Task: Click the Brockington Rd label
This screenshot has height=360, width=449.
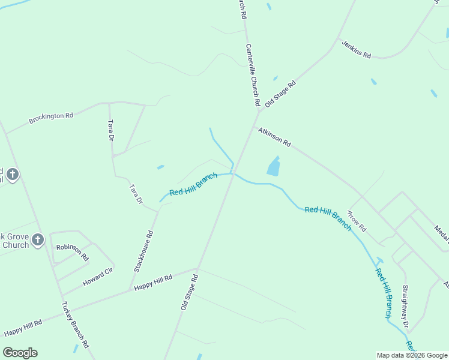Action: coord(51,116)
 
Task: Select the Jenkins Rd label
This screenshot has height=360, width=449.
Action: coord(357,49)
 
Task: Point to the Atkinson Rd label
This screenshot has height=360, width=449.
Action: coord(274,137)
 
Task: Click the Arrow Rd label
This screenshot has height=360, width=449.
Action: coord(357,221)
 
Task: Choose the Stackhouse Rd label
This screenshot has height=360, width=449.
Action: coord(143,250)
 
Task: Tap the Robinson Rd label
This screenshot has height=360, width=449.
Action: coord(73,252)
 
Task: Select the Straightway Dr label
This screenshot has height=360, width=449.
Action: coord(406,307)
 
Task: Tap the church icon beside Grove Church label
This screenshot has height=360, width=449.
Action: coord(37,241)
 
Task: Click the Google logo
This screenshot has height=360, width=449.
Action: coord(20,353)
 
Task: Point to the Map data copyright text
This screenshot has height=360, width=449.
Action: coord(412,355)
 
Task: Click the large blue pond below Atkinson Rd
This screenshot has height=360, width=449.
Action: coord(273,166)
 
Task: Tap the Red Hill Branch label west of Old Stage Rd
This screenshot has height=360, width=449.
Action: coord(193,185)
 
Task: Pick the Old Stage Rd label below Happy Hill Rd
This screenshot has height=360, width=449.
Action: coord(189,292)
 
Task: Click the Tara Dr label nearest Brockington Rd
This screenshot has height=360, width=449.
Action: coord(110,130)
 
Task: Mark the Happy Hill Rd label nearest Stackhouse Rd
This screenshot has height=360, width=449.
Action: coord(153,282)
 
